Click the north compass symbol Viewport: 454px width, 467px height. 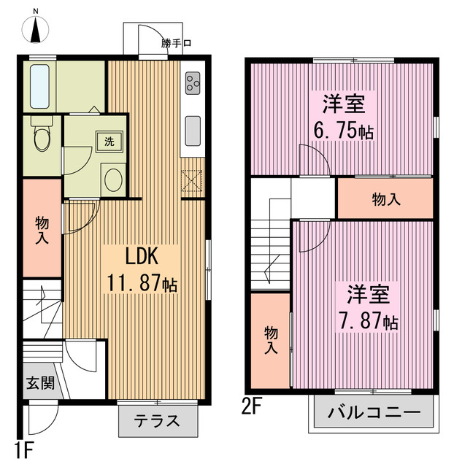coord(37,30)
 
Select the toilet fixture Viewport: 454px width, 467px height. coord(42,136)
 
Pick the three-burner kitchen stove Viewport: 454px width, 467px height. coord(192,85)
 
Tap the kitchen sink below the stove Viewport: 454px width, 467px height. coord(192,131)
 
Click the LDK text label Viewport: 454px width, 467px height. coord(142,256)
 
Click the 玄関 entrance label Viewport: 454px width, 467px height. coord(40,383)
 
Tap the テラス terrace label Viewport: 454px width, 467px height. coord(158,420)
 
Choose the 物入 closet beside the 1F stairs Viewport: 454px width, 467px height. coord(42,228)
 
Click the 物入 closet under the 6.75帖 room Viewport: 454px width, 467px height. coord(385,199)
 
